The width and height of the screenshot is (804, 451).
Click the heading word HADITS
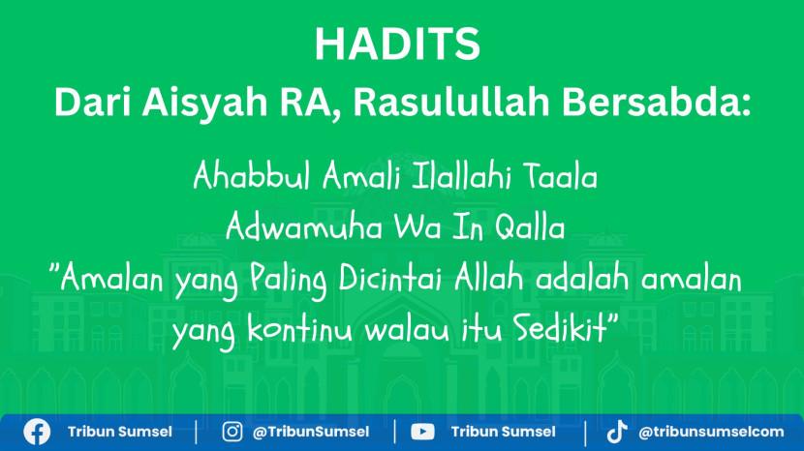397,44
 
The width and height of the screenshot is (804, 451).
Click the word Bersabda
657,102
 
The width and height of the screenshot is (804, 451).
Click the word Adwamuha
304,227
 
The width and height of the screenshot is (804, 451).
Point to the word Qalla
530,227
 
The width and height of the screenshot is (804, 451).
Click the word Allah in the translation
488,279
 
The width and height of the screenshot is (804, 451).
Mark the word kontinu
299,328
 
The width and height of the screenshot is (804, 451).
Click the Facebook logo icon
37,432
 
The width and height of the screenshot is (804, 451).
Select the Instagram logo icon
232,432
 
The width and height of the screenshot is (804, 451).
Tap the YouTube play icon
422,432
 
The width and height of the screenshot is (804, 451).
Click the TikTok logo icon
617,432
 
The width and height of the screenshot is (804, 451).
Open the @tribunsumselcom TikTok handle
711,432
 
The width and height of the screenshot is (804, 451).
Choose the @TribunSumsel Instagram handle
311,432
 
